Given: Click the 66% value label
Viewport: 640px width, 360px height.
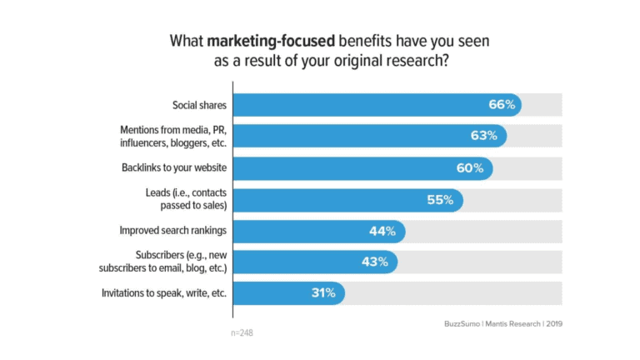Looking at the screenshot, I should [502, 105].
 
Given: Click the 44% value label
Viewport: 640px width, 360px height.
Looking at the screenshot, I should [384, 232].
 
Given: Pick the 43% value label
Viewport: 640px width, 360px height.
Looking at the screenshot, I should [375, 262].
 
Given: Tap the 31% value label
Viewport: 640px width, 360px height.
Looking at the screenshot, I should [322, 292].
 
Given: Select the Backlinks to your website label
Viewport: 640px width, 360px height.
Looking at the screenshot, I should [174, 168].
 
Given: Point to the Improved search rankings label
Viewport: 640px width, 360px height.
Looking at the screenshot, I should [173, 231].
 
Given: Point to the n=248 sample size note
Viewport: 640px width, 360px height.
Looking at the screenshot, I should [242, 332].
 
